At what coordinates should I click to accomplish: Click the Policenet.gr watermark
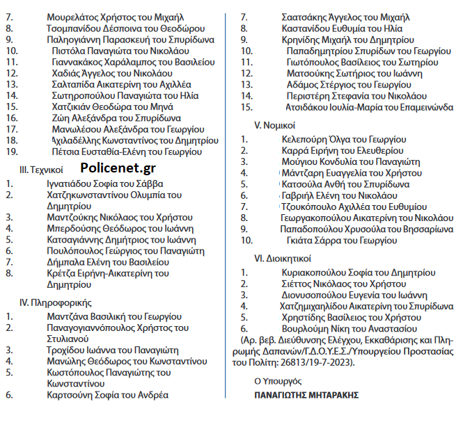coord(118,168)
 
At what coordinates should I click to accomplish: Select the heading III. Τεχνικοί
coord(41,169)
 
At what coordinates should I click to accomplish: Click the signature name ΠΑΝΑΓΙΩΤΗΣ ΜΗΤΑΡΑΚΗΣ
coord(306,396)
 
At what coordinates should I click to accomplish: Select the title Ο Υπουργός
coord(277,382)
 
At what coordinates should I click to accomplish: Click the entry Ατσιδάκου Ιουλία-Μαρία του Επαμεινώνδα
coord(369,108)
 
